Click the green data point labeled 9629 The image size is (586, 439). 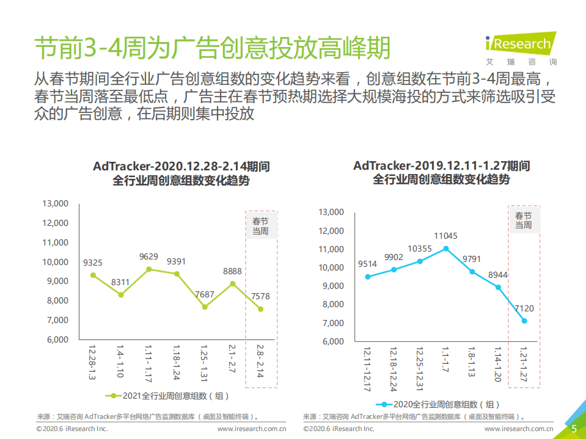pyautogui.click(x=148, y=269)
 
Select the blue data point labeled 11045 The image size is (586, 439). pyautogui.click(x=446, y=249)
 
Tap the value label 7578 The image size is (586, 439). pyautogui.click(x=260, y=297)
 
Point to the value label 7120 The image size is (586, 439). pyautogui.click(x=524, y=308)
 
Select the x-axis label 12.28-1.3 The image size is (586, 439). pyautogui.click(x=92, y=361)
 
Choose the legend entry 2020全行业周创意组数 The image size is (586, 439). pyautogui.click(x=439, y=404)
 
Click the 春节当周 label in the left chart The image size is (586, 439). pyautogui.click(x=260, y=226)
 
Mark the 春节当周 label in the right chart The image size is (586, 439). pyautogui.click(x=523, y=220)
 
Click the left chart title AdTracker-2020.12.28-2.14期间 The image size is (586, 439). pyautogui.click(x=181, y=166)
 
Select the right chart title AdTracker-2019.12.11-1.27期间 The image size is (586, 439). pyautogui.click(x=441, y=165)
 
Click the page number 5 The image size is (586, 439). pyautogui.click(x=574, y=429)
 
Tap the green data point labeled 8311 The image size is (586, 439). pyautogui.click(x=121, y=295)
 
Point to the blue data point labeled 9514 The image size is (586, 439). pyautogui.click(x=368, y=277)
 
